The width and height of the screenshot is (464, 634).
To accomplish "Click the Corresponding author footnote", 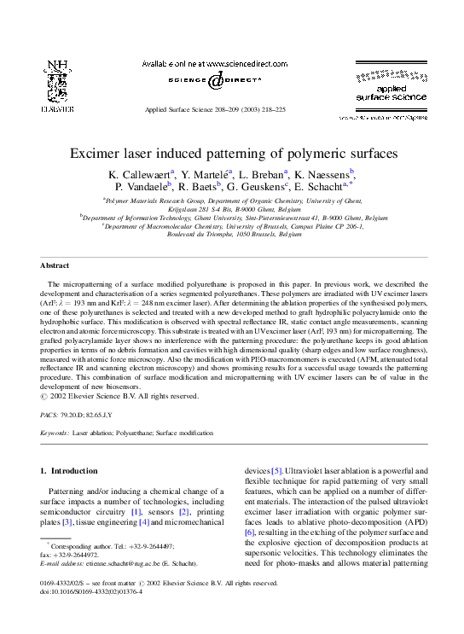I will (x=107, y=545).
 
